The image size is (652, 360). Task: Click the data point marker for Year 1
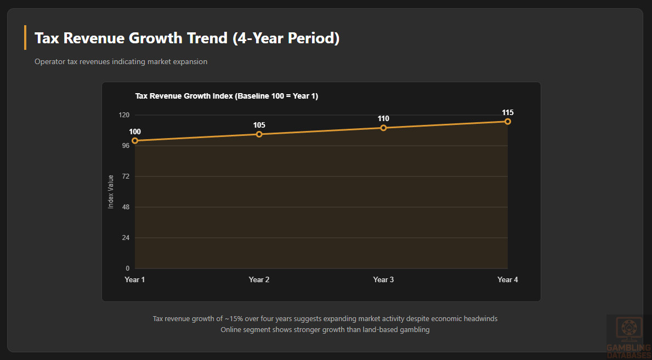tap(135, 141)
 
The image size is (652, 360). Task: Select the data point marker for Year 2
tap(259, 134)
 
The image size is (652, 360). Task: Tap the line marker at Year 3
tap(383, 128)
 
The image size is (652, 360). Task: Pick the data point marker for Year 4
tap(508, 122)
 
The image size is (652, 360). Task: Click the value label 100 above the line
tap(135, 132)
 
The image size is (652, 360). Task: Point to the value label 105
tap(259, 125)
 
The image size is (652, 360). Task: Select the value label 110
tap(383, 118)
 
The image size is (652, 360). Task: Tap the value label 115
tap(508, 112)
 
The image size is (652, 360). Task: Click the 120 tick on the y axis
tap(124, 115)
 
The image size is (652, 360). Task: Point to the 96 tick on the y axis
tap(126, 146)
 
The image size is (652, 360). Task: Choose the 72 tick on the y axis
tap(126, 176)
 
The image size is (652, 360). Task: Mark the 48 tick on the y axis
tap(126, 207)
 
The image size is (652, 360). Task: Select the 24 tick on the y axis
tap(126, 238)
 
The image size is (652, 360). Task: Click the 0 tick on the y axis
tap(128, 268)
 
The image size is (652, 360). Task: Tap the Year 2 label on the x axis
tap(259, 280)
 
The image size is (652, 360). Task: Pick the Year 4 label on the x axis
tap(508, 280)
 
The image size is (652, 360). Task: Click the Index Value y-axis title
tap(111, 192)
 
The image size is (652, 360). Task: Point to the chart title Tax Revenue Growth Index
tap(226, 96)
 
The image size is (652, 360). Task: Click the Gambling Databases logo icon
tap(628, 328)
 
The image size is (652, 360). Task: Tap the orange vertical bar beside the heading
tap(25, 38)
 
